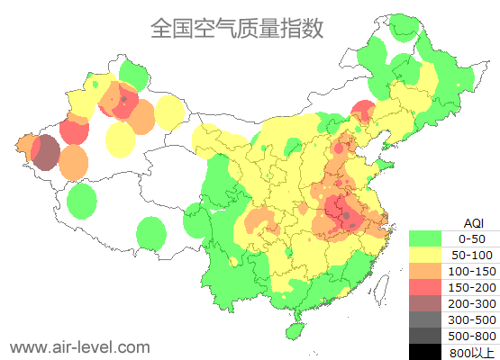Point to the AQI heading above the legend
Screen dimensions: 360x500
point(473,222)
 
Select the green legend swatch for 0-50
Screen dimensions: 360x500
point(425,238)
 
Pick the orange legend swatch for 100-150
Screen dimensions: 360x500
point(425,271)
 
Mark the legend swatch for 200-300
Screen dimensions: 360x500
point(425,303)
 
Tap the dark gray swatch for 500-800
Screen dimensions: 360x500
point(425,336)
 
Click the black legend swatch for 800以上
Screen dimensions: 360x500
point(425,352)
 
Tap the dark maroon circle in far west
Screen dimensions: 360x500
point(46,152)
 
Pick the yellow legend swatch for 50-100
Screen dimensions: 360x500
point(425,255)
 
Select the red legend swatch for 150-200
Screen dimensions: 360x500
point(425,287)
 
